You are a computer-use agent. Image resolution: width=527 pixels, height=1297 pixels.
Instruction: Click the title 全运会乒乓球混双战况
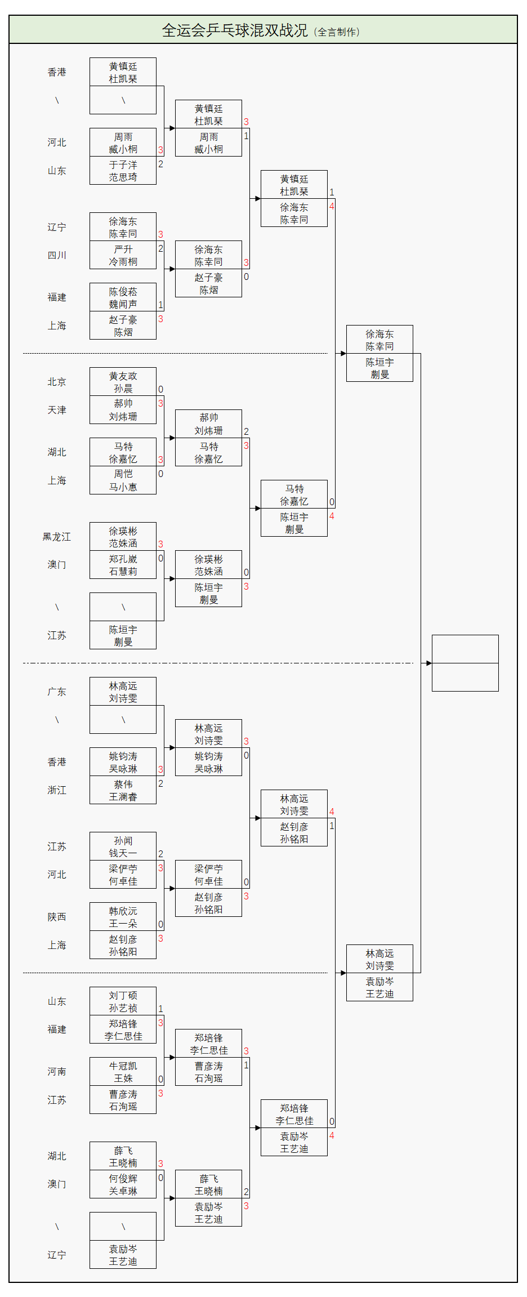[234, 30]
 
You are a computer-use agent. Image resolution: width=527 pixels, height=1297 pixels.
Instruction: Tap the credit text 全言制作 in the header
[337, 32]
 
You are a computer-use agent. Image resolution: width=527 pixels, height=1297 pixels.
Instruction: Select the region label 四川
[57, 255]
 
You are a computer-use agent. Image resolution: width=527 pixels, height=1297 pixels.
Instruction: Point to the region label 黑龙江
[57, 537]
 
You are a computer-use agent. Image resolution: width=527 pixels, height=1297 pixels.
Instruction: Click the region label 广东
[57, 692]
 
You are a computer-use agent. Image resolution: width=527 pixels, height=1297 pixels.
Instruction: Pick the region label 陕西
[57, 917]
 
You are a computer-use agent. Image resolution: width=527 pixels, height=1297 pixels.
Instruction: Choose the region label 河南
[57, 1072]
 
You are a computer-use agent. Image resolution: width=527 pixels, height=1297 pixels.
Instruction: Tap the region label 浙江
[57, 790]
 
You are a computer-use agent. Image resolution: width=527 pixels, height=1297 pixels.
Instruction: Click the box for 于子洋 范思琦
[123, 171]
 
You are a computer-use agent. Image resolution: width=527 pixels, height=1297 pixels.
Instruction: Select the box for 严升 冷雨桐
[123, 255]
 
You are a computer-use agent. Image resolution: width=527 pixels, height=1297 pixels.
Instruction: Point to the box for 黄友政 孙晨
[123, 382]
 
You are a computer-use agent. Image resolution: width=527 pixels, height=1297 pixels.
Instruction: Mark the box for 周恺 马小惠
[123, 480]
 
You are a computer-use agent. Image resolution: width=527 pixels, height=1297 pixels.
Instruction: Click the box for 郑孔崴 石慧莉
[123, 565]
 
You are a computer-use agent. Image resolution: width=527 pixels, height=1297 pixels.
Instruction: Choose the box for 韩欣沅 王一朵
[123, 917]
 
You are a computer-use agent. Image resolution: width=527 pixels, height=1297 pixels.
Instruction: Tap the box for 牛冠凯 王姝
[123, 1072]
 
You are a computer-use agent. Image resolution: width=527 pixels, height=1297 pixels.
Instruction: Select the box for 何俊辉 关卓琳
[123, 1184]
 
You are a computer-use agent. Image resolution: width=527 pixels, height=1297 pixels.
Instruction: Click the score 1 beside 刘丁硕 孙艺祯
[160, 1009]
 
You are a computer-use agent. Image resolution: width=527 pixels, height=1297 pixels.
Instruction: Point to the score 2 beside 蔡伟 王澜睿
[160, 783]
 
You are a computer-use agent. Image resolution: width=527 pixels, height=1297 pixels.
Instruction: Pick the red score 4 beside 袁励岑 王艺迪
[332, 1135]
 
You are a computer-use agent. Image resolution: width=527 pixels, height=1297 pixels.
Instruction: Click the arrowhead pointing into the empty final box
[428, 663]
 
